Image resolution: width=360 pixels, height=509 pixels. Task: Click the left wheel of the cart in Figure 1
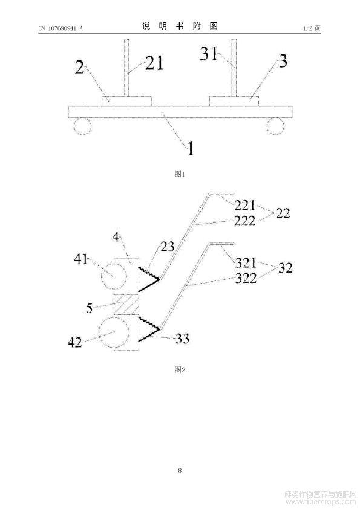(x=82, y=126)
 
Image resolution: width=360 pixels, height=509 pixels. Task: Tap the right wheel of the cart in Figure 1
(x=275, y=126)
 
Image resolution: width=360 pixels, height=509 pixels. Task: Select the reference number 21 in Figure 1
(x=154, y=63)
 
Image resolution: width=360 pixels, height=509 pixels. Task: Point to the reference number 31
(x=208, y=53)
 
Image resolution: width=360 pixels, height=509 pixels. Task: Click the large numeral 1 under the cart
(x=191, y=149)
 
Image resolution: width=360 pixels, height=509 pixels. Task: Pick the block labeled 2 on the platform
(x=126, y=101)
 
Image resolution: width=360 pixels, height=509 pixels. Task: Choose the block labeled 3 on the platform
(x=234, y=101)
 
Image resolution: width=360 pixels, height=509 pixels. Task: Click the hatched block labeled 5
(x=126, y=304)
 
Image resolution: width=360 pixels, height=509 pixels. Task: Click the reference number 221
(x=245, y=205)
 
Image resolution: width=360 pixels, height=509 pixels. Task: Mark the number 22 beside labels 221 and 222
(x=283, y=213)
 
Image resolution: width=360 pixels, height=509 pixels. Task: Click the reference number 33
(x=182, y=339)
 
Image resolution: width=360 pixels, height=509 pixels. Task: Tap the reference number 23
(x=168, y=247)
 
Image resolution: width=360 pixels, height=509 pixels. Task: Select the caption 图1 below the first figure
(x=180, y=174)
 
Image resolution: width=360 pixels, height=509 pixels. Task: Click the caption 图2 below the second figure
(x=180, y=369)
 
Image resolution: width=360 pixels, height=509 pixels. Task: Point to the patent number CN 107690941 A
(x=61, y=28)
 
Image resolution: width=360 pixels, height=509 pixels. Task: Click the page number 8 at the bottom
(x=180, y=470)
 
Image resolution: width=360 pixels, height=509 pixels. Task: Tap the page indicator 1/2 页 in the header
(x=312, y=28)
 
